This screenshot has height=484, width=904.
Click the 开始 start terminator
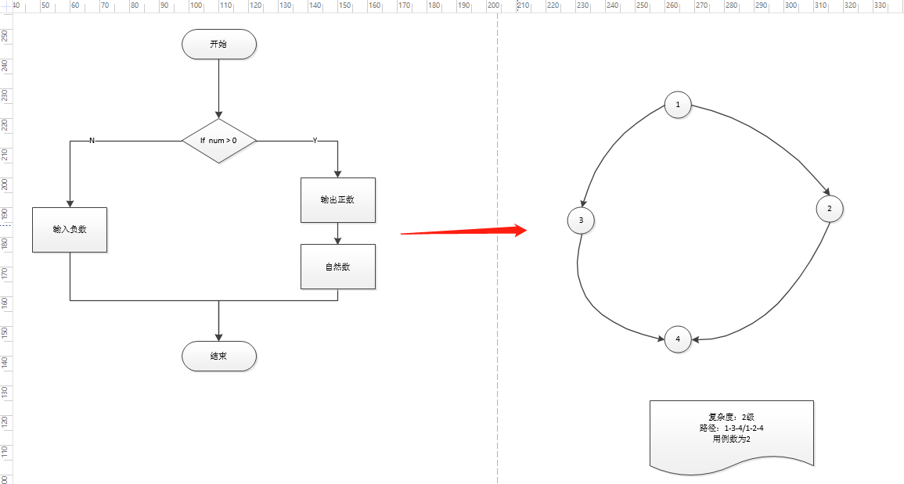tap(218, 45)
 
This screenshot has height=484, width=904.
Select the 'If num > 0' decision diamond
tap(218, 141)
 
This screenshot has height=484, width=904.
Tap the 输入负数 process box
tap(70, 230)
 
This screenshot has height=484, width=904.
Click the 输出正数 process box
tap(337, 200)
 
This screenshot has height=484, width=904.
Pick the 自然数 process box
tap(337, 267)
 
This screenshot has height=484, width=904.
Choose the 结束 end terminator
tap(218, 357)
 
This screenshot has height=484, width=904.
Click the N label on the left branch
tap(92, 141)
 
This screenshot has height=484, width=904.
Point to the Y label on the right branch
tap(315, 141)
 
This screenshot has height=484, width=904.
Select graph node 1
tap(678, 105)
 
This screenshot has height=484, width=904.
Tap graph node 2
tap(829, 209)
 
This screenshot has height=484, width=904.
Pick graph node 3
tap(581, 220)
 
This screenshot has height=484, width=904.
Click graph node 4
tap(678, 339)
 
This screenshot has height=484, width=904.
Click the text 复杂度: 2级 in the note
tap(731, 417)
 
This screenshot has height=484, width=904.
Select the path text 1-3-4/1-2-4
tap(744, 428)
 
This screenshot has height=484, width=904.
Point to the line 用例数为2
tap(731, 439)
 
